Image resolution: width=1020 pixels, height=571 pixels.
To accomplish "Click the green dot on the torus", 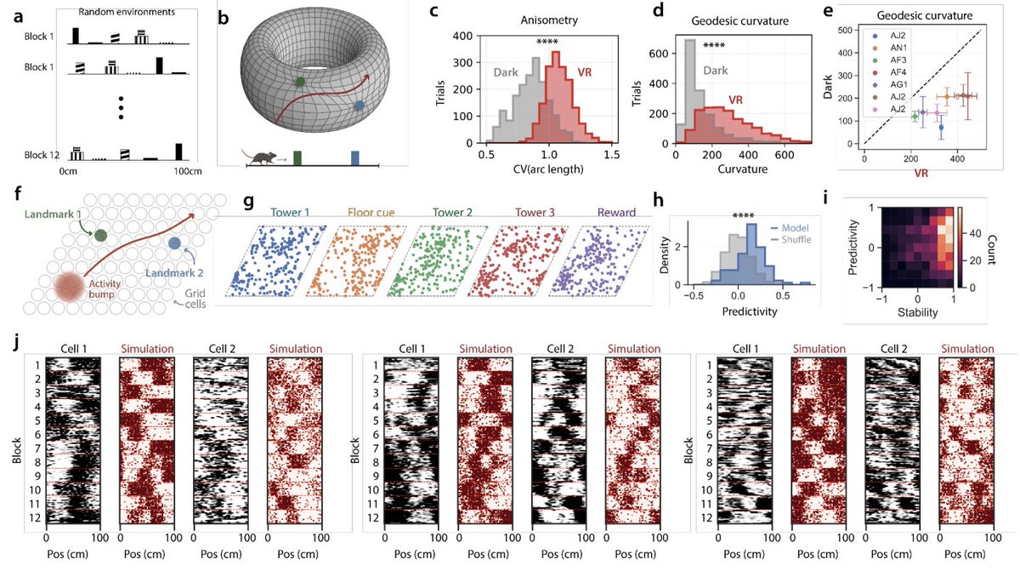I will pos(299,83).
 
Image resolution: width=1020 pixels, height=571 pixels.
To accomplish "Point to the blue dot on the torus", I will pos(360,106).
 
